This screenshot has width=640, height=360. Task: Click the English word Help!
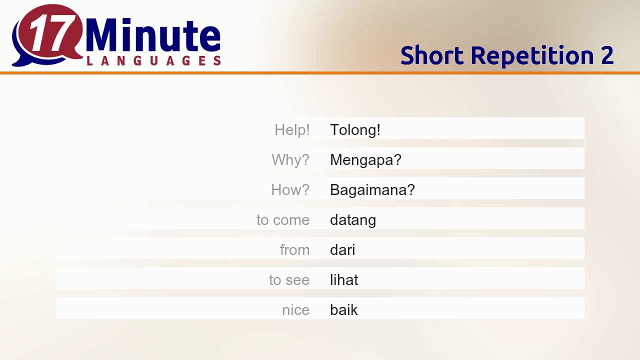[x=292, y=130]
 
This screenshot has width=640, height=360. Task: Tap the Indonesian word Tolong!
[x=355, y=130]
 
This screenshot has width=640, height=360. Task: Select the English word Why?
[x=290, y=160]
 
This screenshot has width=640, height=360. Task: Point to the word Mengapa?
[x=365, y=160]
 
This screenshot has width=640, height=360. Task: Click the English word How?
[x=290, y=190]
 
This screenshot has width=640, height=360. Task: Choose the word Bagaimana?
[x=372, y=190]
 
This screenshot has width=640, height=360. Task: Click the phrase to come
[x=283, y=220]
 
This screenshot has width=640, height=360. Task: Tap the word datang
[x=353, y=220]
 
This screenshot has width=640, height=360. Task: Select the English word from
[x=294, y=250]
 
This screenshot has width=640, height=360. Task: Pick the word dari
[x=342, y=250]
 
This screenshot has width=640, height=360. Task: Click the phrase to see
[x=289, y=280]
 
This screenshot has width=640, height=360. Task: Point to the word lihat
[x=344, y=280]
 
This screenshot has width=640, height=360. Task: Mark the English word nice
[x=295, y=310]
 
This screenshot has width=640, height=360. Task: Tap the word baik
[x=344, y=310]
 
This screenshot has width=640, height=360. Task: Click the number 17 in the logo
[x=49, y=34]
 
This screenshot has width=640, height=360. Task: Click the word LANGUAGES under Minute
[x=153, y=61]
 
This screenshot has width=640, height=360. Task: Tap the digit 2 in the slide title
[x=607, y=55]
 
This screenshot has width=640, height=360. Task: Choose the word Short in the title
[x=432, y=55]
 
